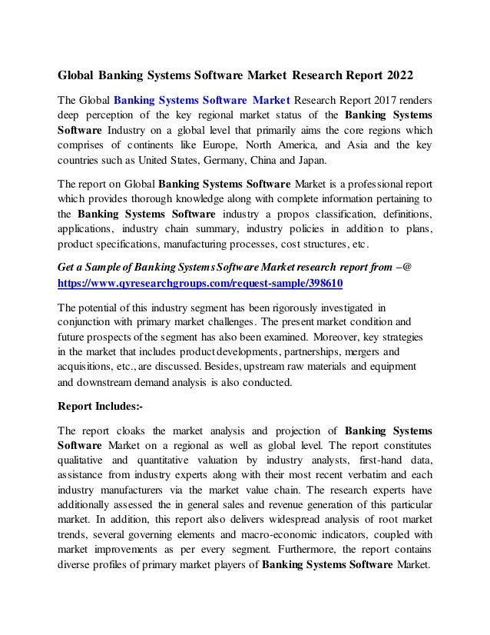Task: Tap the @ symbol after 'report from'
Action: [407, 267]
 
